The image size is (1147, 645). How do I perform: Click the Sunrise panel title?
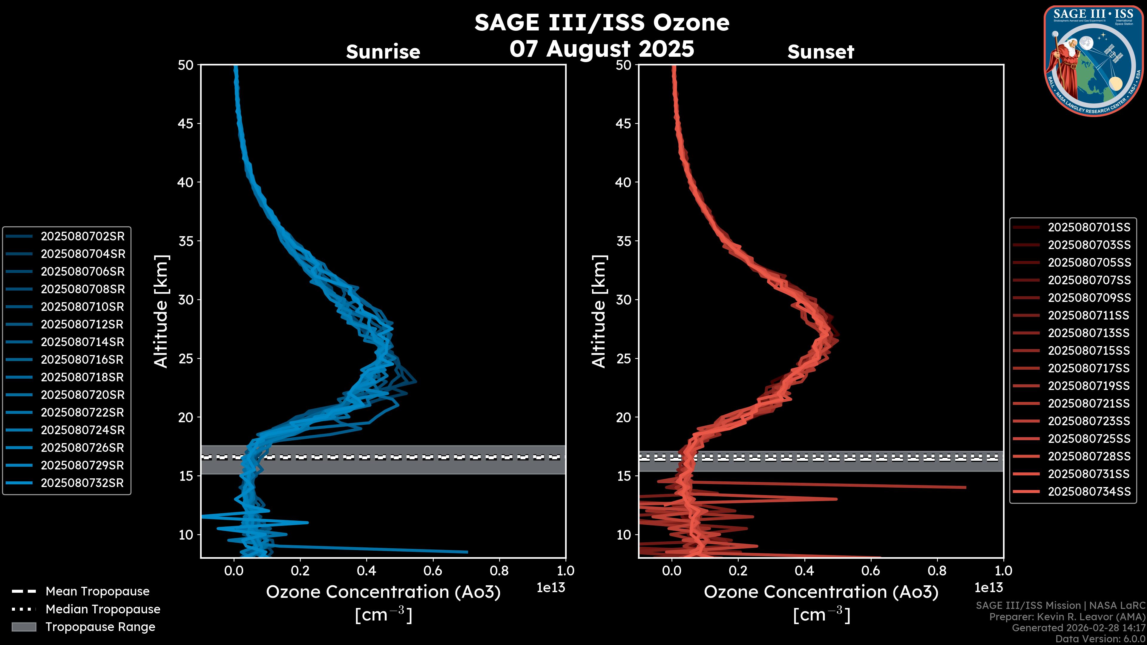(x=383, y=52)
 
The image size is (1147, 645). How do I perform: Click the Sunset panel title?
(x=821, y=52)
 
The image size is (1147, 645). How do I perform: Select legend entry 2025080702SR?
(x=83, y=236)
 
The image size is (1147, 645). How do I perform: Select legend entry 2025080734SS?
(x=1089, y=492)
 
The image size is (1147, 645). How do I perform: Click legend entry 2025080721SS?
(x=1089, y=403)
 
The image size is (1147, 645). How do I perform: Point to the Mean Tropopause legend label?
(x=97, y=591)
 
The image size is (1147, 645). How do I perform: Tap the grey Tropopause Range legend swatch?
(x=24, y=627)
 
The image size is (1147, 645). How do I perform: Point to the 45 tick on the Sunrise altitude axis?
(x=186, y=123)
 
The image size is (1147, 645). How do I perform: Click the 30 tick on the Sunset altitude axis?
(x=624, y=300)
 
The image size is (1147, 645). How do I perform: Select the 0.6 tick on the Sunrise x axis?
(x=433, y=571)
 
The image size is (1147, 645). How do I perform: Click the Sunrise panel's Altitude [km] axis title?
(x=161, y=311)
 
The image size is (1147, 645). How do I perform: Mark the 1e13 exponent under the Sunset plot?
(x=988, y=588)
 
